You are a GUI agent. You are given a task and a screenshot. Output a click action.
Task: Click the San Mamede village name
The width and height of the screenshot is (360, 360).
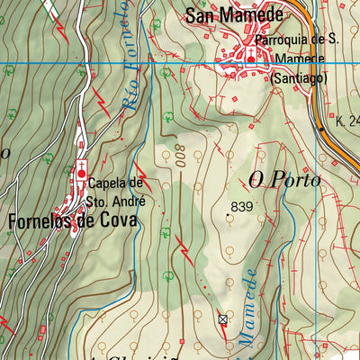pyautogui.click(x=234, y=14)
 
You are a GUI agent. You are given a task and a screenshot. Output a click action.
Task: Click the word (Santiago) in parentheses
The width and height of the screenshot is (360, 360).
pyautogui.click(x=300, y=77)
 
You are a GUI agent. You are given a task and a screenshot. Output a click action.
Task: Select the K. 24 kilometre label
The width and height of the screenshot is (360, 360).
pyautogui.click(x=346, y=120)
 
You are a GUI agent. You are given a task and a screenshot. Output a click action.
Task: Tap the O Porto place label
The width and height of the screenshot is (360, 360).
pyautogui.click(x=284, y=181)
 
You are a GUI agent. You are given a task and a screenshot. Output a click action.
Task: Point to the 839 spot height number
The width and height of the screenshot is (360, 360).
pyautogui.click(x=242, y=206)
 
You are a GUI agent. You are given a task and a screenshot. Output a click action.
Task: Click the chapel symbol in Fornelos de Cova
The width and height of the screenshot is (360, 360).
pyautogui.click(x=82, y=172)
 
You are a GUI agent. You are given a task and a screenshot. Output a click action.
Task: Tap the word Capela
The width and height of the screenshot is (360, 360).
pyautogui.click(x=109, y=183)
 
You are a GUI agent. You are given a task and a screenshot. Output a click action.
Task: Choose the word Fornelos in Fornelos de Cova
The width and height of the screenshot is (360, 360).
pyautogui.click(x=41, y=220)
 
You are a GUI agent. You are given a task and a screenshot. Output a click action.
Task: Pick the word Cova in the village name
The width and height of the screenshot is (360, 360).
pyautogui.click(x=120, y=220)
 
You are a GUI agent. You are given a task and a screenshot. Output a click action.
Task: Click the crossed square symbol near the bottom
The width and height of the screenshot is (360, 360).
pyautogui.click(x=223, y=319)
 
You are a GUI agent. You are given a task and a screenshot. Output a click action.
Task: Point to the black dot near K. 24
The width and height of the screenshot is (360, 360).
pyautogui.click(x=322, y=129)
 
